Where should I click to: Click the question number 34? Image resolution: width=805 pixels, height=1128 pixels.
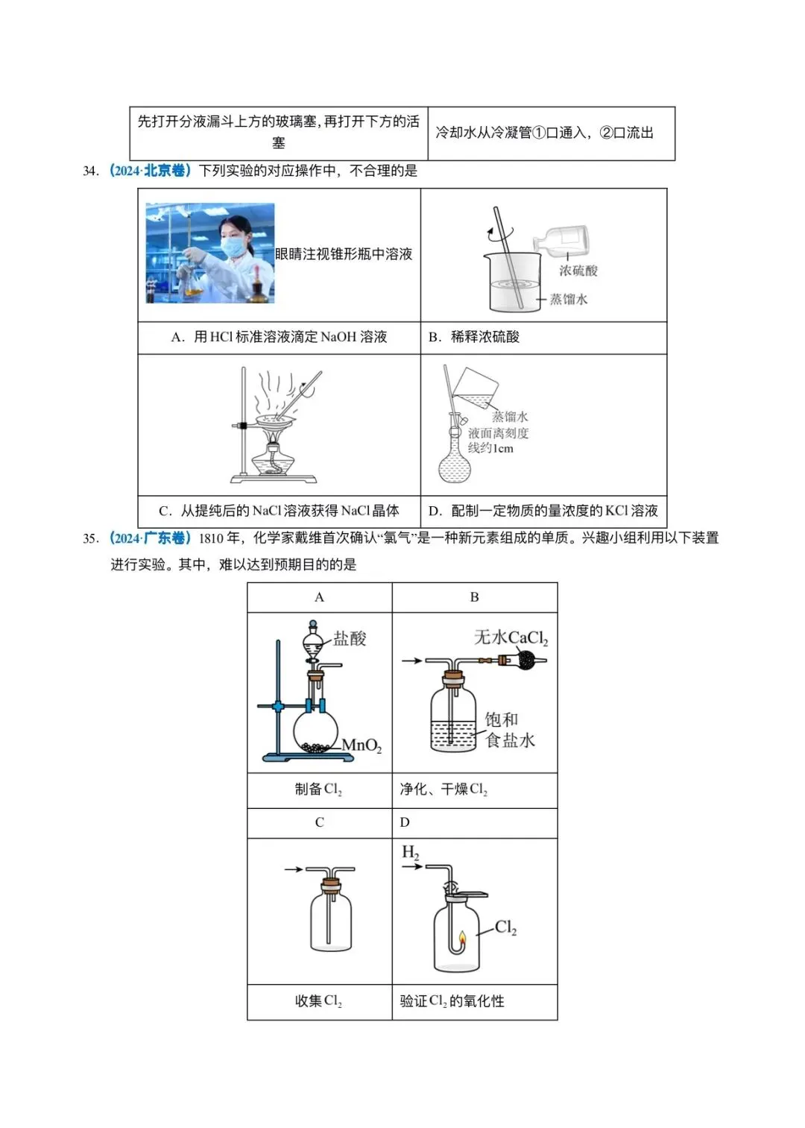pyautogui.click(x=90, y=171)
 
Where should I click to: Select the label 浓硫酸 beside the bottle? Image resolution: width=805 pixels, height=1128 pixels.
pyautogui.click(x=578, y=271)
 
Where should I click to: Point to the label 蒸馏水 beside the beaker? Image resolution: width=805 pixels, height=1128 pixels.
pyautogui.click(x=569, y=299)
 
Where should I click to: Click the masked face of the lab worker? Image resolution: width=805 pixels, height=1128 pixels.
pyautogui.click(x=234, y=242)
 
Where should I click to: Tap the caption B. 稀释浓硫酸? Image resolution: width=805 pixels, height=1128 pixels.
pyautogui.click(x=475, y=337)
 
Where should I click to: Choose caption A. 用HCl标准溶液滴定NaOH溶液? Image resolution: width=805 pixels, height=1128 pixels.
pyautogui.click(x=279, y=337)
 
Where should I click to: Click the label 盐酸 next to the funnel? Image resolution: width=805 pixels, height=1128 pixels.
pyautogui.click(x=349, y=638)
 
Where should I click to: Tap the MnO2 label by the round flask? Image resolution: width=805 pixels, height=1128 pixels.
pyautogui.click(x=362, y=745)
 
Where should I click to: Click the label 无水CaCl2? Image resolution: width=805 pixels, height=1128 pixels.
pyautogui.click(x=511, y=637)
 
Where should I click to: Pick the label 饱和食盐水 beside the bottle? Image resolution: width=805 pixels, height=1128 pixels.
pyautogui.click(x=509, y=729)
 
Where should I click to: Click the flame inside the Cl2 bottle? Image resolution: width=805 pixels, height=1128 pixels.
pyautogui.click(x=462, y=938)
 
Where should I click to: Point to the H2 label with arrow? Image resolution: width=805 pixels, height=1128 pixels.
pyautogui.click(x=410, y=852)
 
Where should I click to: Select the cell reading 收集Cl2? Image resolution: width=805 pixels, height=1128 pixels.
pyautogui.click(x=318, y=1001)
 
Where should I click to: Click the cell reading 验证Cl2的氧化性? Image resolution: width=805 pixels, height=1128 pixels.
pyautogui.click(x=452, y=1001)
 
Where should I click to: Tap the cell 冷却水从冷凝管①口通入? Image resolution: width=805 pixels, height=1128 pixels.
pyautogui.click(x=545, y=133)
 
